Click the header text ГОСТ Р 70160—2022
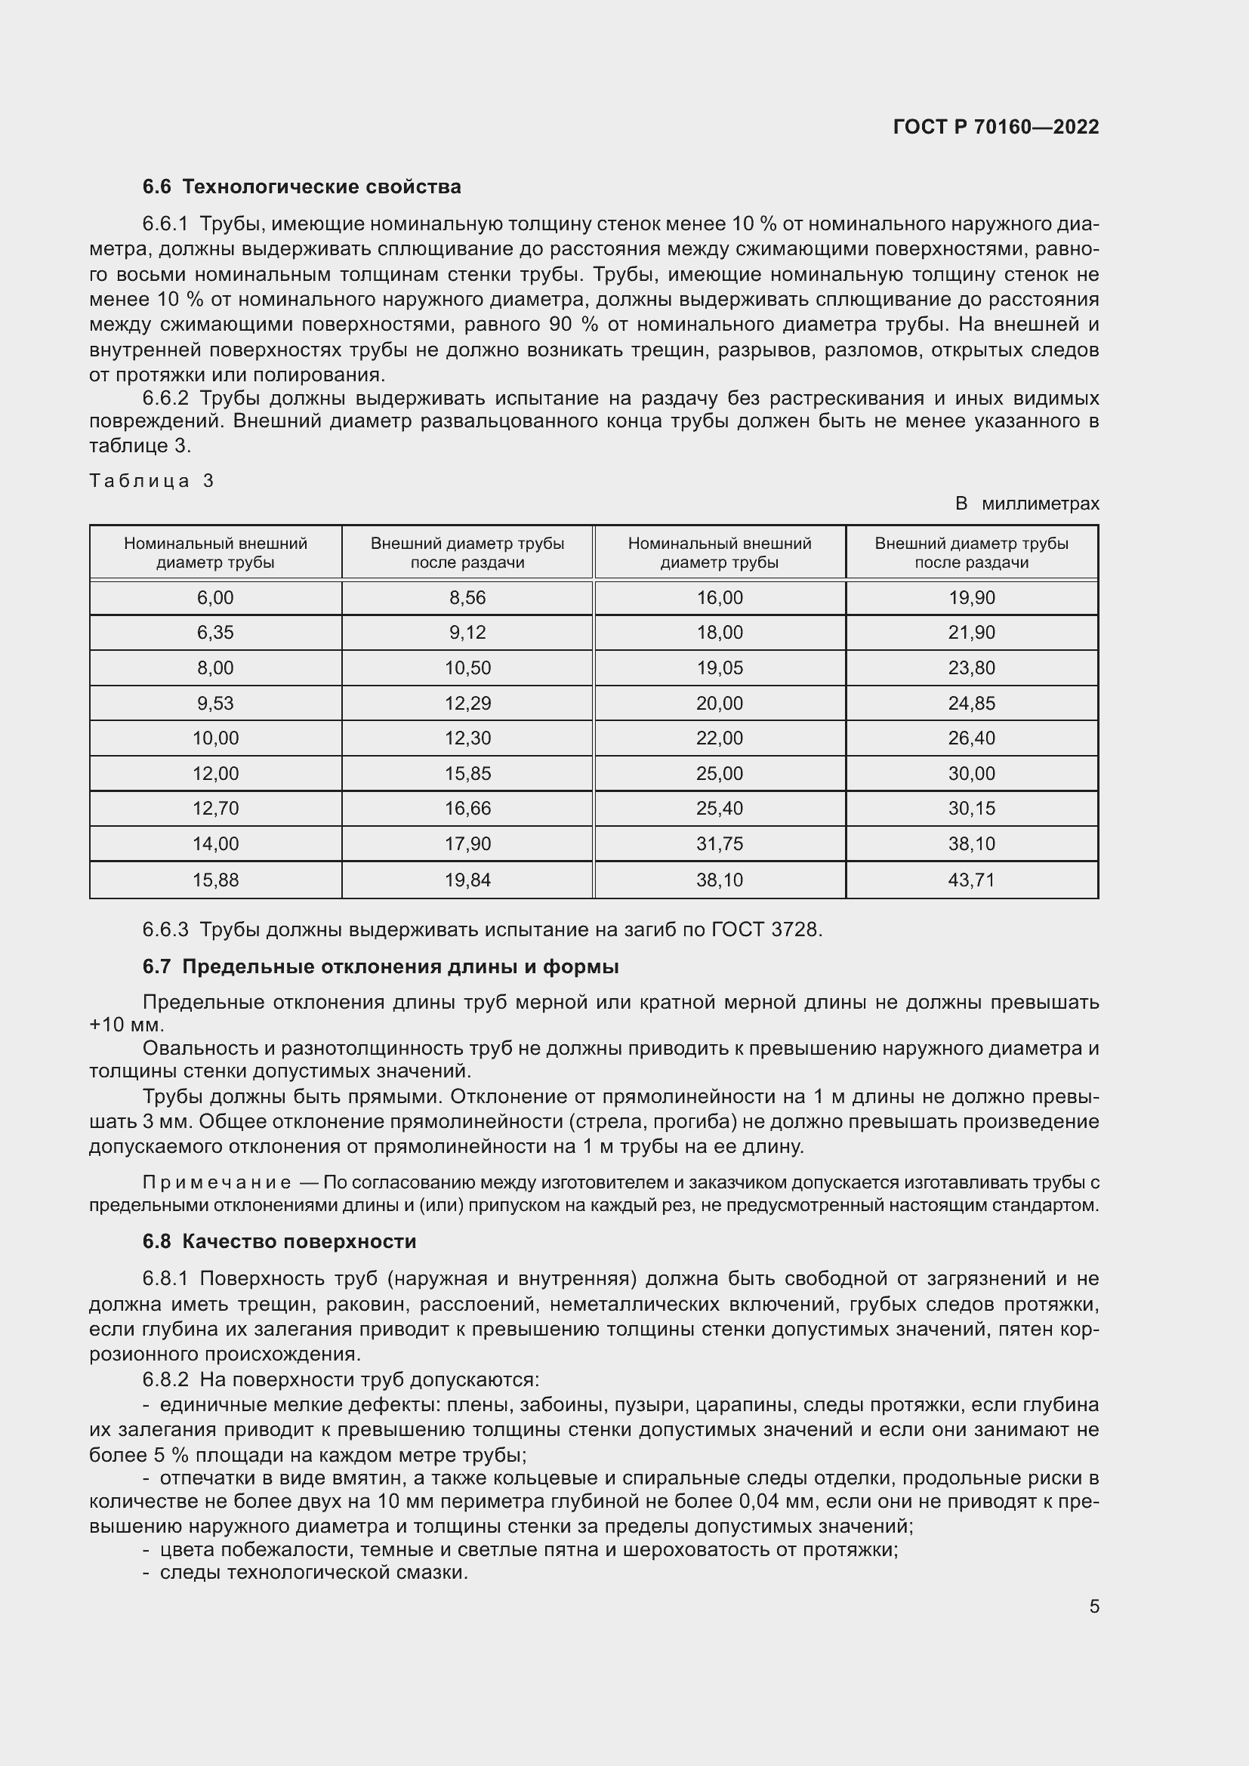click(996, 127)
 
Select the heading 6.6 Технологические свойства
click(301, 187)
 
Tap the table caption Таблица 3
click(152, 481)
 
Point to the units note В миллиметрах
click(1027, 504)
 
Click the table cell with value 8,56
click(467, 598)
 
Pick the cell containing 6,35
click(215, 632)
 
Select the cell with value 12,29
click(467, 703)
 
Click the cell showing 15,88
click(215, 880)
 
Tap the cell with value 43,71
click(971, 880)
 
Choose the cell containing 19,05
click(720, 667)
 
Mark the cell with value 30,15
click(971, 809)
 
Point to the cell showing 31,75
click(720, 844)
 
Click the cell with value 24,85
click(971, 703)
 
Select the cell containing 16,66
click(467, 809)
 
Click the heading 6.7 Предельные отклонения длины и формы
click(381, 967)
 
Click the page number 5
click(1093, 1607)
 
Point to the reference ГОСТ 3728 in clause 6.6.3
click(766, 930)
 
